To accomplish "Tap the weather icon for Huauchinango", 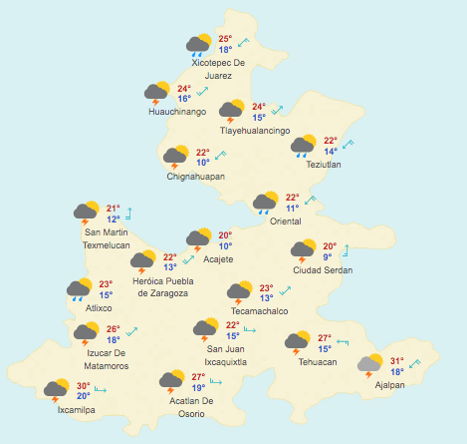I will [155, 95].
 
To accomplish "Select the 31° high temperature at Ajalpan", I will [396, 361].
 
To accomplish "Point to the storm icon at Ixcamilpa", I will [57, 391].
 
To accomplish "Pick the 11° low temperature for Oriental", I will [293, 209].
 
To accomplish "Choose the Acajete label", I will [218, 259].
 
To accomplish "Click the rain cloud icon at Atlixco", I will [79, 291].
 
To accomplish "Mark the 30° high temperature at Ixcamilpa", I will [84, 386].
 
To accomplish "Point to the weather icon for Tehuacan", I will [296, 343].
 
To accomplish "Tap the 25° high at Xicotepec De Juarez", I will [225, 38].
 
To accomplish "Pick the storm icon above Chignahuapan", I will [176, 157].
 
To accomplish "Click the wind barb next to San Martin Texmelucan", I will [129, 213].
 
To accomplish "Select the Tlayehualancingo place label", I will [255, 132].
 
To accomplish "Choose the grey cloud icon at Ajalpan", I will [370, 365].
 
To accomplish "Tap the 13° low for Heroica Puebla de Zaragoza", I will [170, 267].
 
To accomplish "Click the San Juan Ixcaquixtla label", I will [226, 355].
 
